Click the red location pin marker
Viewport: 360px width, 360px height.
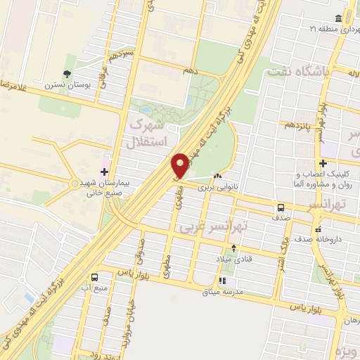point(180,165)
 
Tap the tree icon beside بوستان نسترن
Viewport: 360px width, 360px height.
point(67,73)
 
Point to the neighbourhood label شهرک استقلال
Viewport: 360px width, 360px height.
point(149,133)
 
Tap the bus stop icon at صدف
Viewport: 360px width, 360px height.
point(281,208)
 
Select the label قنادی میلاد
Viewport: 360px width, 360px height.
point(234,259)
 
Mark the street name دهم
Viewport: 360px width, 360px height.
point(190,72)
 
